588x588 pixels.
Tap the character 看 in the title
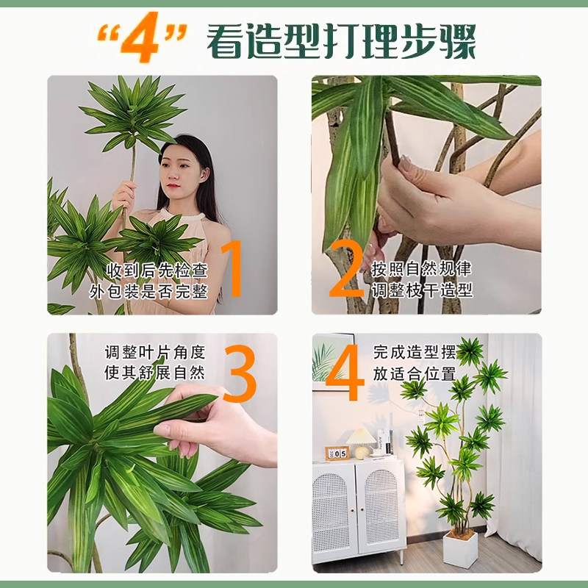click(x=226, y=42)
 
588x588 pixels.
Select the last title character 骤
click(x=457, y=42)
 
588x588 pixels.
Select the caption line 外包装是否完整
click(x=156, y=291)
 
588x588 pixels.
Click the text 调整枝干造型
click(x=422, y=291)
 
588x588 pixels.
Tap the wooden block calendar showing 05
click(x=337, y=453)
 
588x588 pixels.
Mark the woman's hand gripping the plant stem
click(x=124, y=196)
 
